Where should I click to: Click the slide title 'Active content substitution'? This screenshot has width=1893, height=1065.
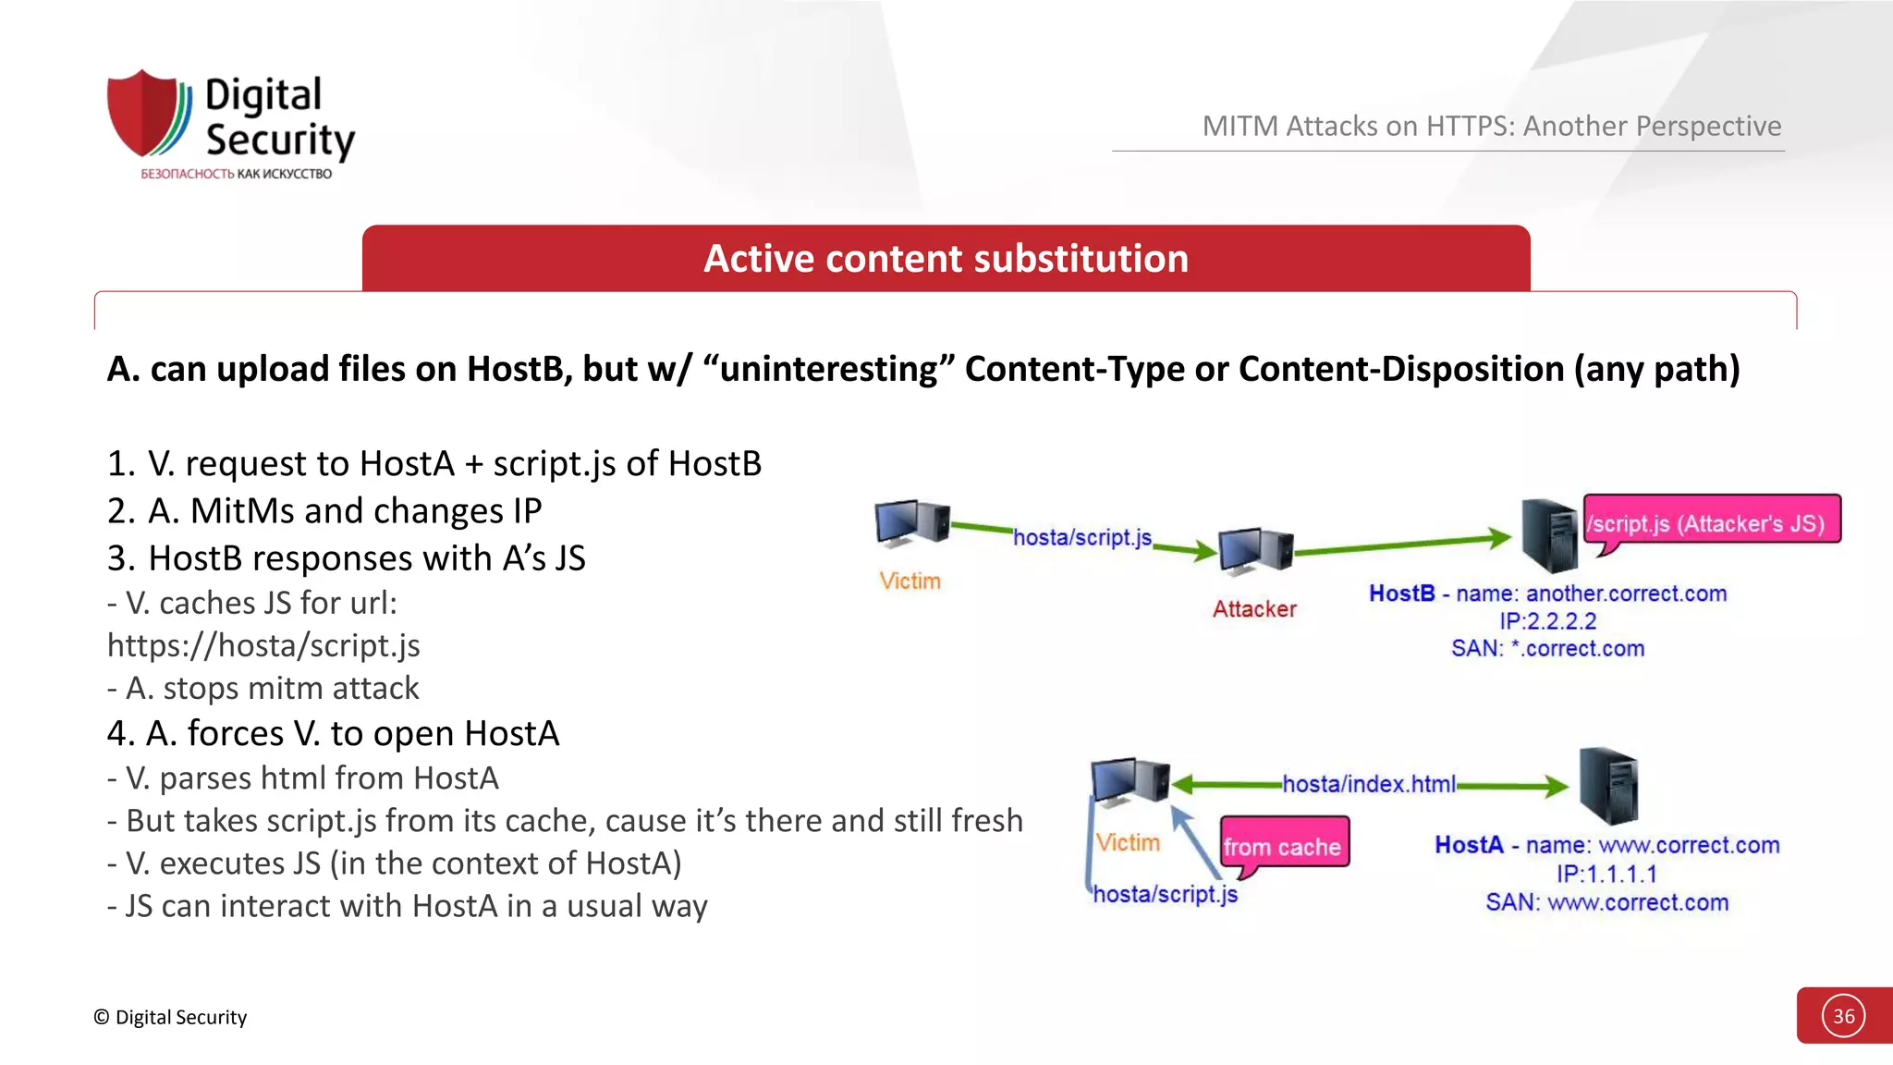click(946, 259)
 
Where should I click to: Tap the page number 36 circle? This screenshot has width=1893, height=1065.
click(1843, 1016)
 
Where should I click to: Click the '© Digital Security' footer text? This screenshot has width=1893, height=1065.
click(170, 1017)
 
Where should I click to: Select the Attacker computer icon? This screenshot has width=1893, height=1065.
click(1254, 552)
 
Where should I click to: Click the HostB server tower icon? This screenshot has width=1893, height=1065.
click(1549, 535)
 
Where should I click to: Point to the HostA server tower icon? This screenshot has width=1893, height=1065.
click(1608, 786)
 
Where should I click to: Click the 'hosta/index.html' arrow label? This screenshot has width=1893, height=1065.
click(1368, 784)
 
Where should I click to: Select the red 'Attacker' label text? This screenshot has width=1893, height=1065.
click(1254, 609)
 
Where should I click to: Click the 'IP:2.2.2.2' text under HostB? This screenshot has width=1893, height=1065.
click(1547, 621)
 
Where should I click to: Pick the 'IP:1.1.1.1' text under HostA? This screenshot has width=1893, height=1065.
click(1606, 874)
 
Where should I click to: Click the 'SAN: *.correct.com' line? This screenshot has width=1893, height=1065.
click(1547, 649)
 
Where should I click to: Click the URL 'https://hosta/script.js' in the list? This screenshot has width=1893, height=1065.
click(263, 645)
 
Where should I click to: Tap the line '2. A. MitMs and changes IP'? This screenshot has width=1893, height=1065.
click(324, 511)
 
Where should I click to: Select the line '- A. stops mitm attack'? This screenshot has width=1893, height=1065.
click(263, 689)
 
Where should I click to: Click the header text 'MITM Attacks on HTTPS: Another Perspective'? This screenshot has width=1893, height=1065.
click(1491, 126)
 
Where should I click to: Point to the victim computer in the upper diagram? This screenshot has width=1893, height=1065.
click(911, 523)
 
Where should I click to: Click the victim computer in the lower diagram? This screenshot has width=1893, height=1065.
click(1130, 781)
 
